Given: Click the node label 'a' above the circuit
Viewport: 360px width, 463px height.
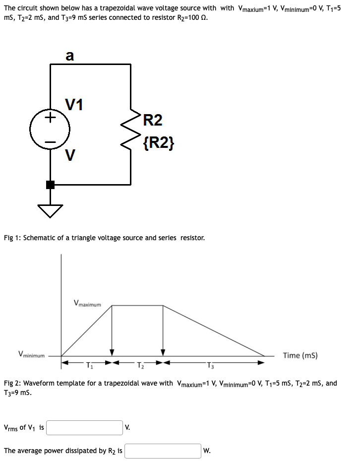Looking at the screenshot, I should pos(70,57).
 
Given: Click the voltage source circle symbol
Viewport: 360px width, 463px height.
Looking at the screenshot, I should pos(50,130).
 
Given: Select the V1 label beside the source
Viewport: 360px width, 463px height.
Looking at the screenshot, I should pos(74,105).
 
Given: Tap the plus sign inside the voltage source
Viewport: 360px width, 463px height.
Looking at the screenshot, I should pos(50,119).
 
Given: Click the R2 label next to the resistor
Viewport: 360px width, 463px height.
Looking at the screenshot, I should pos(152,120).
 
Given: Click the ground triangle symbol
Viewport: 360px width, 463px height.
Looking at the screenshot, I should pos(50,211).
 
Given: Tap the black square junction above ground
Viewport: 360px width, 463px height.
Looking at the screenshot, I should pos(50,185).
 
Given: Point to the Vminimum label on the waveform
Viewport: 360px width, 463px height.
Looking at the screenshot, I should pos(31,355).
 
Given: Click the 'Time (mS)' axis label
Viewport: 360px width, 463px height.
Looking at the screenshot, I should pos(300,355).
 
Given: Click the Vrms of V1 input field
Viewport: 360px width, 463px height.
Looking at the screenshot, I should pos(85,427).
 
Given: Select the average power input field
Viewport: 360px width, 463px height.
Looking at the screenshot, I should pos(163,451).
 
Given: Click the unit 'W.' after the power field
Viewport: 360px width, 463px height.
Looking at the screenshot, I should pos(207,451).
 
